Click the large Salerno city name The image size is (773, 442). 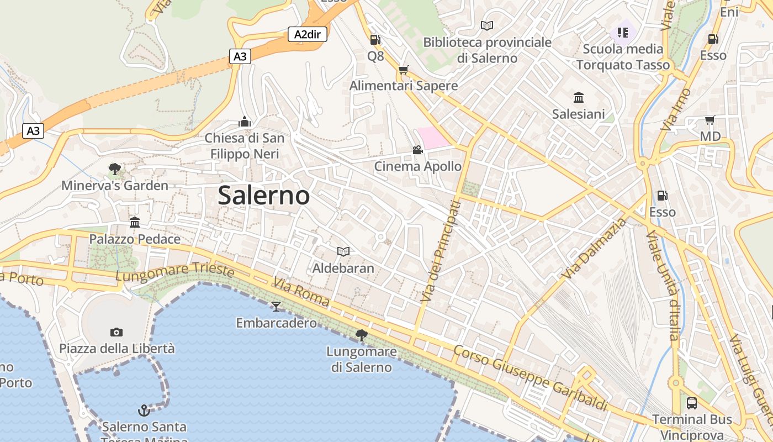(x=263, y=195)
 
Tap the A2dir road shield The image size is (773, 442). (x=308, y=34)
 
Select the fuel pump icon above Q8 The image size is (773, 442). (x=375, y=40)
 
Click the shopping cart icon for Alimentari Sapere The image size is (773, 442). (x=403, y=70)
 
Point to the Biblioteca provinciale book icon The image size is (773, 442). (x=487, y=25)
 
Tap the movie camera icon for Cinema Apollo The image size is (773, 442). (x=417, y=150)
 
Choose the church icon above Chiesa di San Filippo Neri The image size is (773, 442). (x=245, y=122)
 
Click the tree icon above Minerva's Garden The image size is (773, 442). (x=115, y=169)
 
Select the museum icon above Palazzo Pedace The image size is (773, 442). (x=135, y=222)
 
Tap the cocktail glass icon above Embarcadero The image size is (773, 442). (x=276, y=306)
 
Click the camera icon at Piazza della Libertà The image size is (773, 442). (x=116, y=332)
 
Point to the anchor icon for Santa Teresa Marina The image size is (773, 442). (x=144, y=410)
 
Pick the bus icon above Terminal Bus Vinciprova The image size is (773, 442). (x=691, y=403)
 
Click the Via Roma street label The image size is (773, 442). (x=301, y=293)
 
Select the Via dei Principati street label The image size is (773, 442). (x=440, y=251)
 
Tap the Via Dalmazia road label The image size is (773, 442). (x=596, y=248)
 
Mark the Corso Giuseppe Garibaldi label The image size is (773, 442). (x=530, y=378)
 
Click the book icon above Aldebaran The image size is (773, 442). (x=343, y=252)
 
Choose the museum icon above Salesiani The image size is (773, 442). (x=579, y=98)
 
